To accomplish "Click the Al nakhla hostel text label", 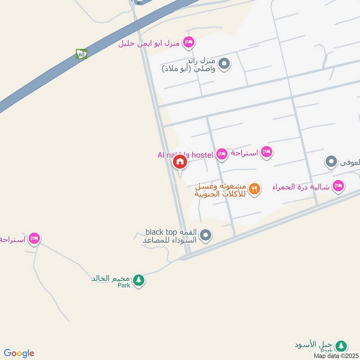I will [185, 155].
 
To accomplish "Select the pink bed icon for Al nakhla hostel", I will [221, 154].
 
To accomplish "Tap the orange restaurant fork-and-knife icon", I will [254, 189].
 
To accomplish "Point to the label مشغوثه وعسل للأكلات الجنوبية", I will [220, 190].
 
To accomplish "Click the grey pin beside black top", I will [206, 235].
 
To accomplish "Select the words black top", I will [158, 232].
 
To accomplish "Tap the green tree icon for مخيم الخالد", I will [139, 280].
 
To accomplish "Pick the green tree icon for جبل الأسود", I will [342, 346].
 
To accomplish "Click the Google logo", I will [19, 353].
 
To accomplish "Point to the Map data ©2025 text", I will [335, 355].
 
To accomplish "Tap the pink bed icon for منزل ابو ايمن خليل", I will [189, 42].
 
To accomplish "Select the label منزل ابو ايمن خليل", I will [150, 43].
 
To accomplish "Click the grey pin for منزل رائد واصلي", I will [225, 64].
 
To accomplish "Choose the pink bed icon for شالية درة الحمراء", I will [338, 186].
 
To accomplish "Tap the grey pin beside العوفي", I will [331, 162].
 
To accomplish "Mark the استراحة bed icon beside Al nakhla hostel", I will [267, 152].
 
